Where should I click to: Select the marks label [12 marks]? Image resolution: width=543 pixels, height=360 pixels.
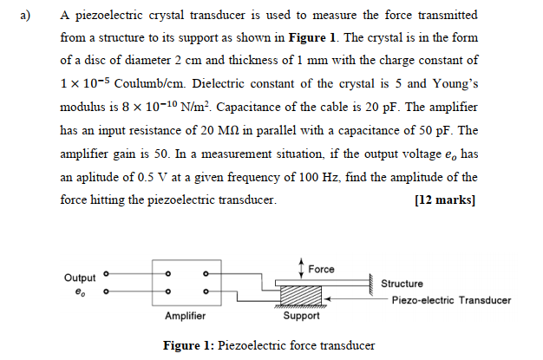446,199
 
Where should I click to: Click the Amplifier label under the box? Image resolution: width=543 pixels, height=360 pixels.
185,316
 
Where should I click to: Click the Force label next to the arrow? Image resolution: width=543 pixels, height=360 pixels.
321,269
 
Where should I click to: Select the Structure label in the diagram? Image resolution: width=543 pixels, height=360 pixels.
402,284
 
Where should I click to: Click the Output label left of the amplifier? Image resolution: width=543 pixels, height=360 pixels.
81,278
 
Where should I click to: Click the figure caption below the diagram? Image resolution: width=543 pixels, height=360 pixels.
269,345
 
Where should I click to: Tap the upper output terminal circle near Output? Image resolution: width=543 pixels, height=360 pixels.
107,272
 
